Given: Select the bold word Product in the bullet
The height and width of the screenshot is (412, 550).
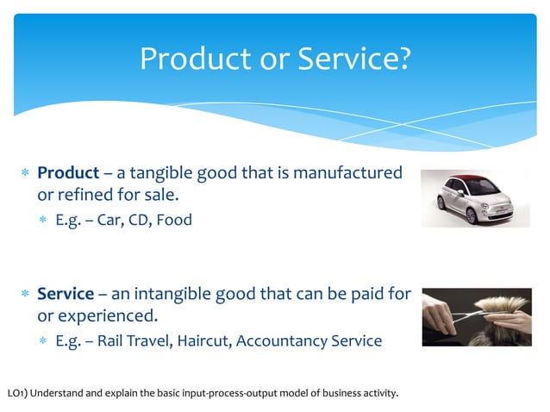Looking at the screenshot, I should click(x=68, y=173).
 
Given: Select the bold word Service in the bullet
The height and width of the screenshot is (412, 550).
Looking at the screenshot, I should click(x=66, y=295).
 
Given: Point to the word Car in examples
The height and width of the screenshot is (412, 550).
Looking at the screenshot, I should click(x=109, y=220).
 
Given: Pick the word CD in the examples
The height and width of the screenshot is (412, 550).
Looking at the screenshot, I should click(x=138, y=220).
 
